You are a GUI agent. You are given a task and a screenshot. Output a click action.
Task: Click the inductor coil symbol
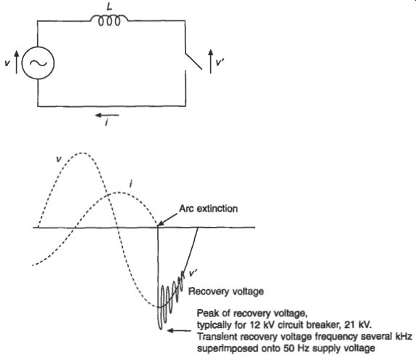tap(109, 20)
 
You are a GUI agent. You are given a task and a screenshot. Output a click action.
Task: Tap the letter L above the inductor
tap(110, 7)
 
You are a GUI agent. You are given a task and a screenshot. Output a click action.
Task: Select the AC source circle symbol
tap(38, 63)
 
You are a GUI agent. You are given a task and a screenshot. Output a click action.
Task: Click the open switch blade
tap(193, 61)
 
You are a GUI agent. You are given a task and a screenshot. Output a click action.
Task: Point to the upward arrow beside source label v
tap(17, 62)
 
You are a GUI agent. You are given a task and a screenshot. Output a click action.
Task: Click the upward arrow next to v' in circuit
tap(211, 61)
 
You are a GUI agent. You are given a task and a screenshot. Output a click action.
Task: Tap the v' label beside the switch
tap(220, 63)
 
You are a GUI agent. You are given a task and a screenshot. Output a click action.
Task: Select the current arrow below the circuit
tap(107, 115)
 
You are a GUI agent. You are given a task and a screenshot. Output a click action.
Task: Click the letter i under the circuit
tap(106, 123)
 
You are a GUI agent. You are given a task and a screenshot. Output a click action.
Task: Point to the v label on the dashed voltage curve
tap(59, 159)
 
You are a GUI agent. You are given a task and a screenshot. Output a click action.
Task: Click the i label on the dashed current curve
tap(130, 184)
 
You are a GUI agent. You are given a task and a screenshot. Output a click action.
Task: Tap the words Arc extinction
tap(209, 209)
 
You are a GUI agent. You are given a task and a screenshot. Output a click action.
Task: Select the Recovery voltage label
tap(226, 292)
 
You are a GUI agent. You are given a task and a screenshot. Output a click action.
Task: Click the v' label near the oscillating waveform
tap(193, 273)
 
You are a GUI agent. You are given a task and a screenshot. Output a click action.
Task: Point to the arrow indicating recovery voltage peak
tap(179, 331)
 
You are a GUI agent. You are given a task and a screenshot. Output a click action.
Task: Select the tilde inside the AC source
tap(39, 63)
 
